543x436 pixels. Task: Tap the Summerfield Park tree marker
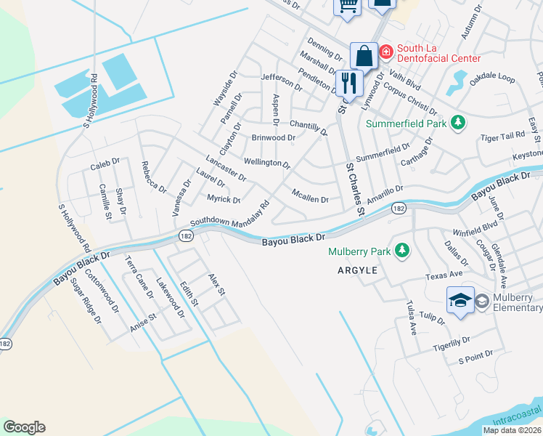coord(457,123)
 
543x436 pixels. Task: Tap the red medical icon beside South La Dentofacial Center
coord(385,51)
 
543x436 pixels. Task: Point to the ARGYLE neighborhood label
coord(357,270)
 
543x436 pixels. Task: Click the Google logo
coord(24,427)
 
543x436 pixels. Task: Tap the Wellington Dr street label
coord(267,163)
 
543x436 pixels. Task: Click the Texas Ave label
coord(444,276)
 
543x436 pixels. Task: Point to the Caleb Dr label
coord(105,166)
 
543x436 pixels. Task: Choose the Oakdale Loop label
coord(492,78)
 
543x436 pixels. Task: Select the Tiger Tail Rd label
coord(502,136)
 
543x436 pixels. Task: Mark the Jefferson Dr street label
coord(281,81)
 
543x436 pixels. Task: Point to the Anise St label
coord(142,320)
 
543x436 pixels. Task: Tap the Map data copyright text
coord(513,430)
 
